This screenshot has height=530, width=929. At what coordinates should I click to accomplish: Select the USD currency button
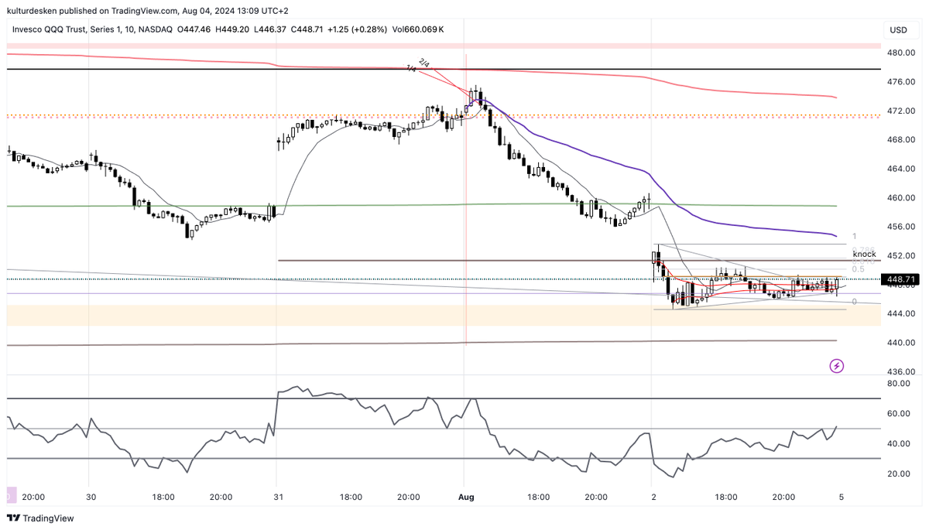(898, 29)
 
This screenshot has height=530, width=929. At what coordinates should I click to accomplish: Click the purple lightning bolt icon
(836, 365)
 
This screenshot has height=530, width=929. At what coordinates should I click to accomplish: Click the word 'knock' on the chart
(864, 254)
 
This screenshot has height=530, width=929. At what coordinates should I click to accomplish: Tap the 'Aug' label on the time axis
(466, 498)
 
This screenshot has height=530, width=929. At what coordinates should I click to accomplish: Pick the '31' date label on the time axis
(277, 498)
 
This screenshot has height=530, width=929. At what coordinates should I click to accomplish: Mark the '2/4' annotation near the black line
(423, 62)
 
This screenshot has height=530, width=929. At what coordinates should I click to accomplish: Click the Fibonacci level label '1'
(854, 236)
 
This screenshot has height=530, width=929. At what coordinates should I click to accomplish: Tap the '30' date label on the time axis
(91, 498)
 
